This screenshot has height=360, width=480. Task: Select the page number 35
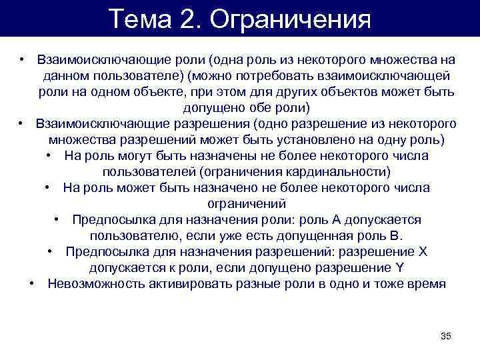446,335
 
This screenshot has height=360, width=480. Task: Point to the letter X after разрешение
421,252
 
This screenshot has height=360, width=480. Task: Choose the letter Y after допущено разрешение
400,268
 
